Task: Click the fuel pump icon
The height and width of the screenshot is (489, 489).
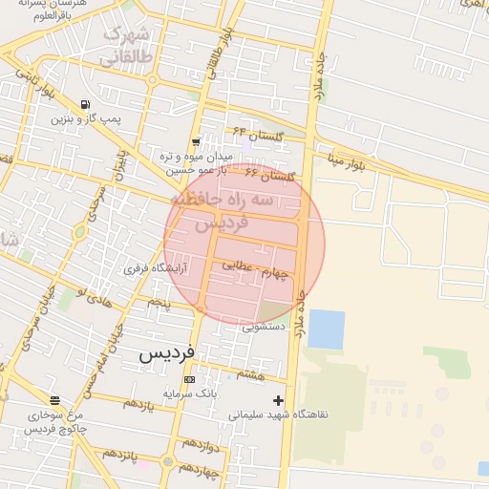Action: [87, 104]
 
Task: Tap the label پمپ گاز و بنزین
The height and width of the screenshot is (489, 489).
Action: [87, 119]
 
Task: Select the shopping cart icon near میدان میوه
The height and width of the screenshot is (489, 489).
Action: [196, 141]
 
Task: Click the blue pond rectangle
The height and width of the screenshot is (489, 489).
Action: [326, 330]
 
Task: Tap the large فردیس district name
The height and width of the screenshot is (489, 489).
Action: [167, 351]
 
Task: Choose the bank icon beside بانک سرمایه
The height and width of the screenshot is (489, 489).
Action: [188, 380]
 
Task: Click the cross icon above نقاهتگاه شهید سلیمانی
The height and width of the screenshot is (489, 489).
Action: [278, 400]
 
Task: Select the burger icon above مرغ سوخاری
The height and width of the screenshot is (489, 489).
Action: [54, 400]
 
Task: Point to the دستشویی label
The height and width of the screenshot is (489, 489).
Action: [265, 327]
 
